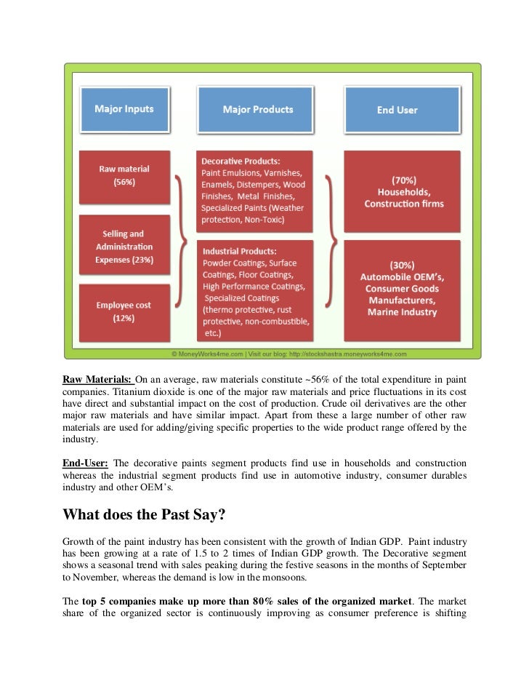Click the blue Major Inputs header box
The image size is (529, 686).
[x=124, y=109]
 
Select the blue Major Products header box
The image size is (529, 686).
[x=257, y=110]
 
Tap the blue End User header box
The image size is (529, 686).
[x=397, y=110]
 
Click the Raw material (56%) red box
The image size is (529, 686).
[x=124, y=176]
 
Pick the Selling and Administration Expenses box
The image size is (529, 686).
[x=124, y=247]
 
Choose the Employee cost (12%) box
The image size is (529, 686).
[x=124, y=311]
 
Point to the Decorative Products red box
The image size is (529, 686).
[x=254, y=191]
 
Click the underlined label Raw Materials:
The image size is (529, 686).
[x=97, y=380]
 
